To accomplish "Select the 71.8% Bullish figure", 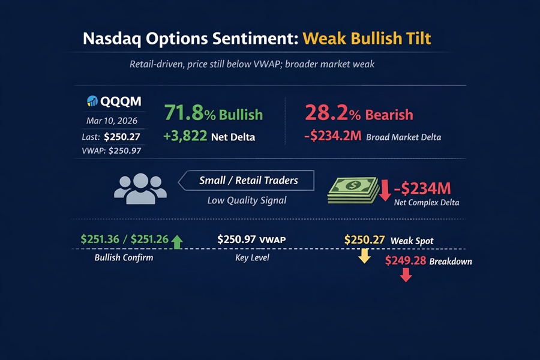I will pos(213,114).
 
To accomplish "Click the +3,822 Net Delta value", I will pos(209,137).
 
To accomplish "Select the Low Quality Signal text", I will pos(247,200).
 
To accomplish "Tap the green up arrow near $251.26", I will pos(176,242).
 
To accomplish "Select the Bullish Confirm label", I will pos(124,258).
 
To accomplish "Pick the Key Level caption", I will pos(252,258).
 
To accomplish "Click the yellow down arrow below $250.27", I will pos(364,256).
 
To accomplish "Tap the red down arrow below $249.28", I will pos(406,275).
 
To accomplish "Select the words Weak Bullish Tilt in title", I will pos(367,38).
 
